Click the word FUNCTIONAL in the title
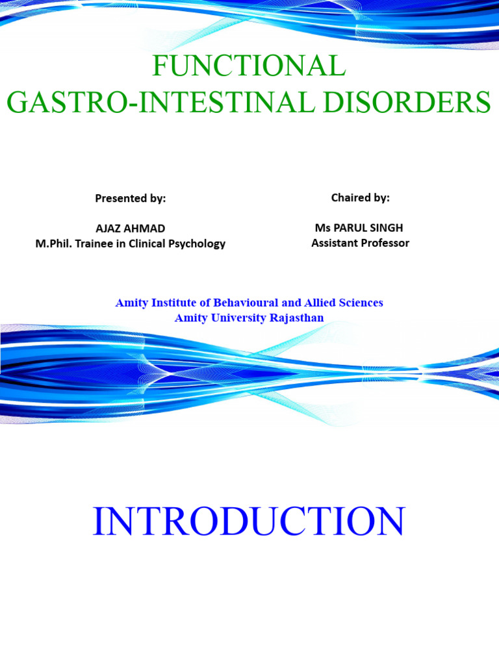249,66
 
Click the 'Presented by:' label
131,199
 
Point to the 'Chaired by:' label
361,198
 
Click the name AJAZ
111,229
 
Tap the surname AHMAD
147,229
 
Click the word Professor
387,244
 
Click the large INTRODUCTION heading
249,521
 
